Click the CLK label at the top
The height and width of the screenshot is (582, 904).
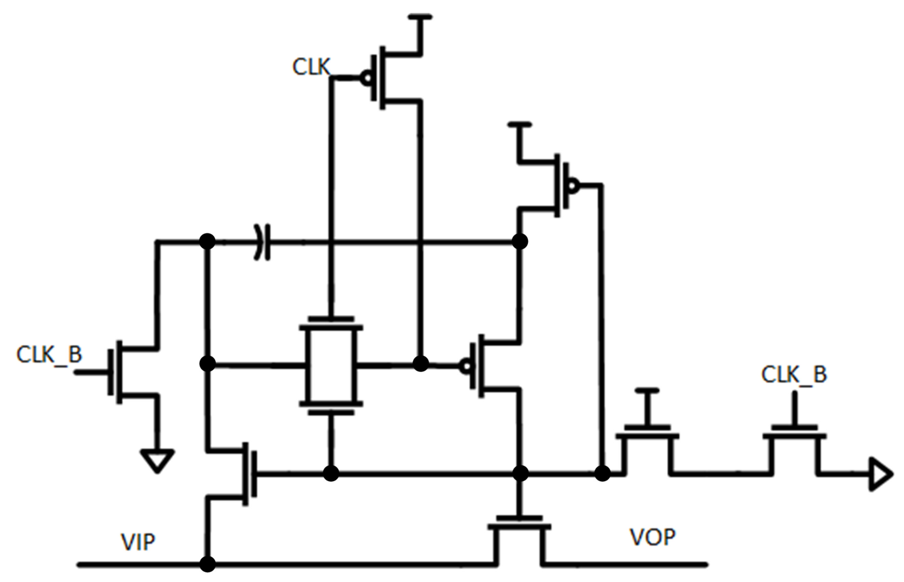tap(311, 67)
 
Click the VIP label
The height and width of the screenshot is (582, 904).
tap(137, 542)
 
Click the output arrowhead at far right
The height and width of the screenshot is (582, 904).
tap(880, 474)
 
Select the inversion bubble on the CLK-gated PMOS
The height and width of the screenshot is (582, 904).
tap(367, 78)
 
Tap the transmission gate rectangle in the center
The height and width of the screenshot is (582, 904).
tap(331, 366)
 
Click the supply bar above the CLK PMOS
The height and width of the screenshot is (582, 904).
tap(420, 17)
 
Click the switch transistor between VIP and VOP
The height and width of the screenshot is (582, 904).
tap(519, 537)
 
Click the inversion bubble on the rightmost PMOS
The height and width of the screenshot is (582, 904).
tap(573, 185)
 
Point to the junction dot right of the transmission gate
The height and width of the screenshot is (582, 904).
tap(421, 364)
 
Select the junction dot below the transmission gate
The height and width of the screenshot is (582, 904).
tap(331, 473)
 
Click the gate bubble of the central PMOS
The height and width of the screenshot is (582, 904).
tap(465, 366)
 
